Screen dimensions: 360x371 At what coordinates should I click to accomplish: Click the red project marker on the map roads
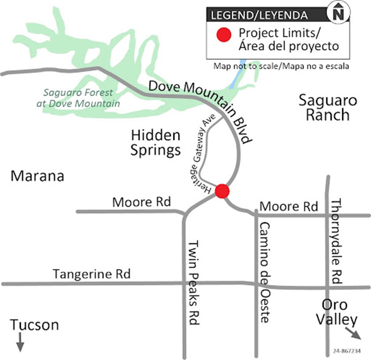(x=222, y=191)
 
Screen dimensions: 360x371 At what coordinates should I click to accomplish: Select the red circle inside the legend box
(x=224, y=34)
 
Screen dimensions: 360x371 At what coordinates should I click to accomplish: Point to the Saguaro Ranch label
(x=328, y=108)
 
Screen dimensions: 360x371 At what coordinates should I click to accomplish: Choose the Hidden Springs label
(x=156, y=143)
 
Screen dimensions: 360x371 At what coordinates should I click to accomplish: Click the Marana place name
(x=37, y=176)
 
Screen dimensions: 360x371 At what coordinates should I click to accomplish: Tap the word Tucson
(x=34, y=325)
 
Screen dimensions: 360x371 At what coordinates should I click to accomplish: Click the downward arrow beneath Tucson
(x=20, y=342)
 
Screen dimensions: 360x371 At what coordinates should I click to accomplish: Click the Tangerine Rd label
(x=92, y=274)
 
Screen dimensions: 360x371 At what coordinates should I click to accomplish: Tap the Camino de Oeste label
(x=264, y=272)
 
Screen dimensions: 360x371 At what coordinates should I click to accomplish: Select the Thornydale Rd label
(x=336, y=241)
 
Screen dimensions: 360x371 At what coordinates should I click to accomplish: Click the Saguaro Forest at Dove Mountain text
(x=78, y=98)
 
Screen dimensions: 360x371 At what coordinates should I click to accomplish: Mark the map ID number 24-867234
(x=347, y=351)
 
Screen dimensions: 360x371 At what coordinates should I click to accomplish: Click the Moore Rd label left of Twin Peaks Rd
(x=141, y=202)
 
